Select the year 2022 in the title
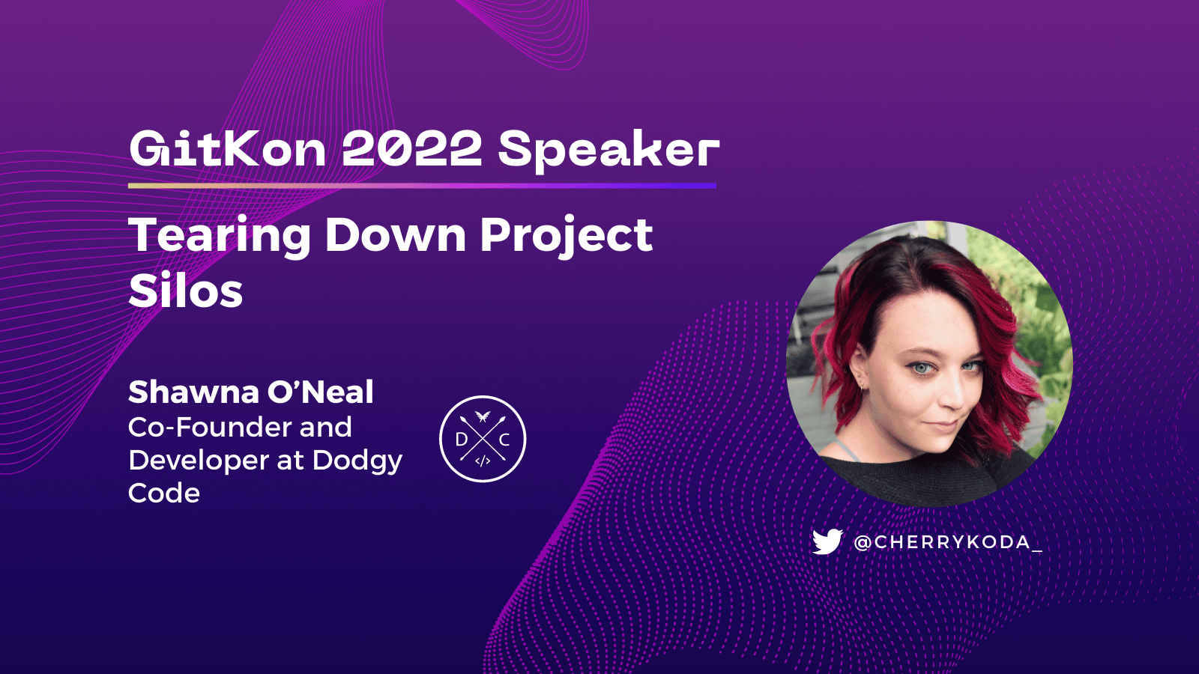(411, 148)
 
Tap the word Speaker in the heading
(608, 150)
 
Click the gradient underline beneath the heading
(422, 185)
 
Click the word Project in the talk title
(566, 236)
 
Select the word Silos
(186, 291)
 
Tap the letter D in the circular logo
(462, 440)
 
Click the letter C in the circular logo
(504, 440)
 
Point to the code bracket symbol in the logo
(483, 461)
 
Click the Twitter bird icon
(827, 541)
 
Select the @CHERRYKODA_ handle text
(948, 542)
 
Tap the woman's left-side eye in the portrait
(920, 368)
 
